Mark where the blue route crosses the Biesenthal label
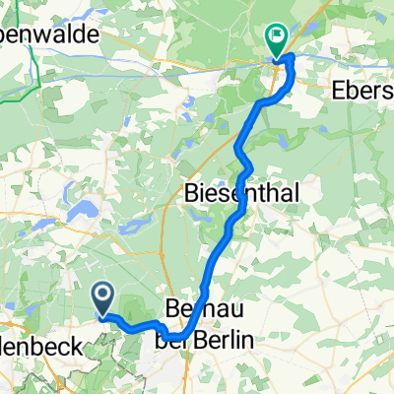237,194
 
